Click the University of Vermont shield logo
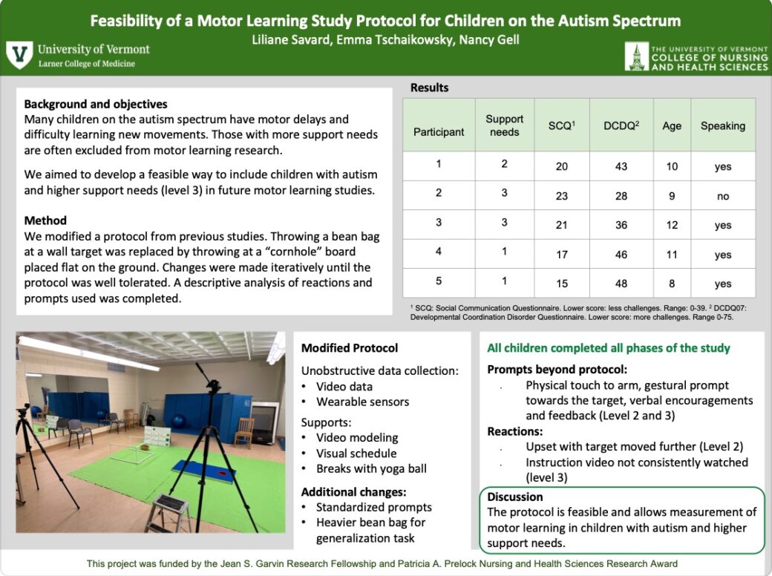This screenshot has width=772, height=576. click(x=19, y=55)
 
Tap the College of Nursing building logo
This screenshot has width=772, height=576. click(x=636, y=56)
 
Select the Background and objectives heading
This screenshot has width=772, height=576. click(x=96, y=105)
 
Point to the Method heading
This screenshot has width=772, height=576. click(x=45, y=220)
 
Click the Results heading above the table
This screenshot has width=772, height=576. click(x=430, y=88)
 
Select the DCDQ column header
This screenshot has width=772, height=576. click(x=621, y=126)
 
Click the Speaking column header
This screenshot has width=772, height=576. click(x=722, y=126)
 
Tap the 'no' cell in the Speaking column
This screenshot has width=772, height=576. click(x=722, y=196)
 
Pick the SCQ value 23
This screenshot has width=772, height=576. click(x=562, y=196)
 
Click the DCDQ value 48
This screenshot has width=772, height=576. click(x=621, y=284)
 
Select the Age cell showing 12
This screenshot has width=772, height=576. click(x=672, y=225)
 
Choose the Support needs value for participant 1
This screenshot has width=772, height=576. click(x=504, y=164)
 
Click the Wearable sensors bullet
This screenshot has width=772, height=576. click(x=362, y=402)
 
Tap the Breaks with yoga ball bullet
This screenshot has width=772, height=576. click(x=370, y=468)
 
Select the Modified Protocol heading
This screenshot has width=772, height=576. click(x=350, y=348)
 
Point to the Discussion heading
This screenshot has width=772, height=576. click(x=515, y=497)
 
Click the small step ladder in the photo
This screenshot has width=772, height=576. click(x=169, y=512)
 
